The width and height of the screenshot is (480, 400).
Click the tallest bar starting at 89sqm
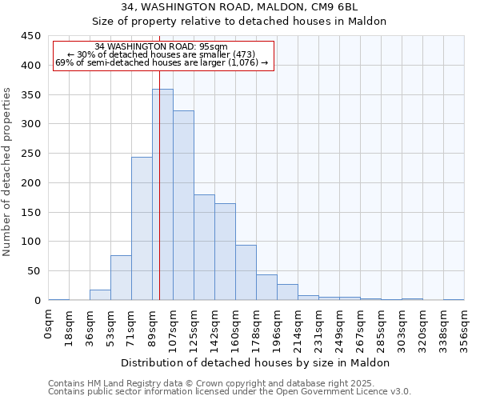point(162,194)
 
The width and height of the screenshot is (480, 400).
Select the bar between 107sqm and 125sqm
point(183,206)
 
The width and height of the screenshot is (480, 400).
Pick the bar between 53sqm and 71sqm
point(121,278)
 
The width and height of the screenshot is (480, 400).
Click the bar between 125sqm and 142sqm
point(204,247)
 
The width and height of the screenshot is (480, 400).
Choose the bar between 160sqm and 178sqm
point(246,273)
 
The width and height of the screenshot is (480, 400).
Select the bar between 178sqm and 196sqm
point(266,287)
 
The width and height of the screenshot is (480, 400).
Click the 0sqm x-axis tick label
point(49,325)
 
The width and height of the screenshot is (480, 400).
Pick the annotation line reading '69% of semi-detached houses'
point(162,62)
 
